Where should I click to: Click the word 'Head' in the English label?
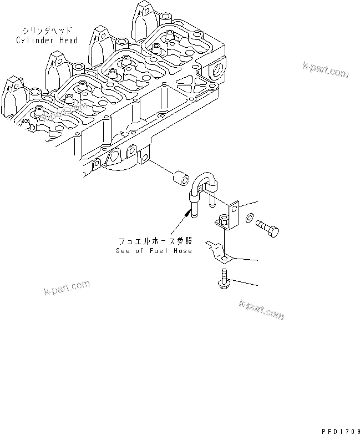67,40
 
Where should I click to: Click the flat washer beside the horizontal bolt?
251,216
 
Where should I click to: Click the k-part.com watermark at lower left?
66,289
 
